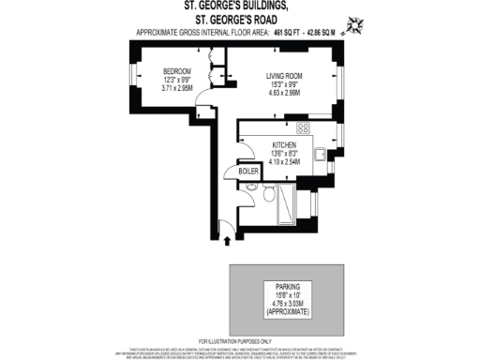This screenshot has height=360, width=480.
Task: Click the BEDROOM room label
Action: tap(176, 72)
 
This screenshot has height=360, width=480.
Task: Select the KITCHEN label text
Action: tap(284, 145)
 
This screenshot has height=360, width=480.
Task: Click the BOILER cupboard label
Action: tap(248, 172)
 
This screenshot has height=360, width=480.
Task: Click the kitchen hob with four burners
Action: tap(303, 127)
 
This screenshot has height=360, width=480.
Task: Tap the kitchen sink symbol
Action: tap(321, 156)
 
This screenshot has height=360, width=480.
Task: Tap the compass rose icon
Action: tap(359, 23)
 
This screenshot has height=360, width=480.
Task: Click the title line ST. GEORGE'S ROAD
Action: tap(239, 17)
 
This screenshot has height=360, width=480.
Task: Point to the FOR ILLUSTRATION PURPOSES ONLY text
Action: tap(235, 340)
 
